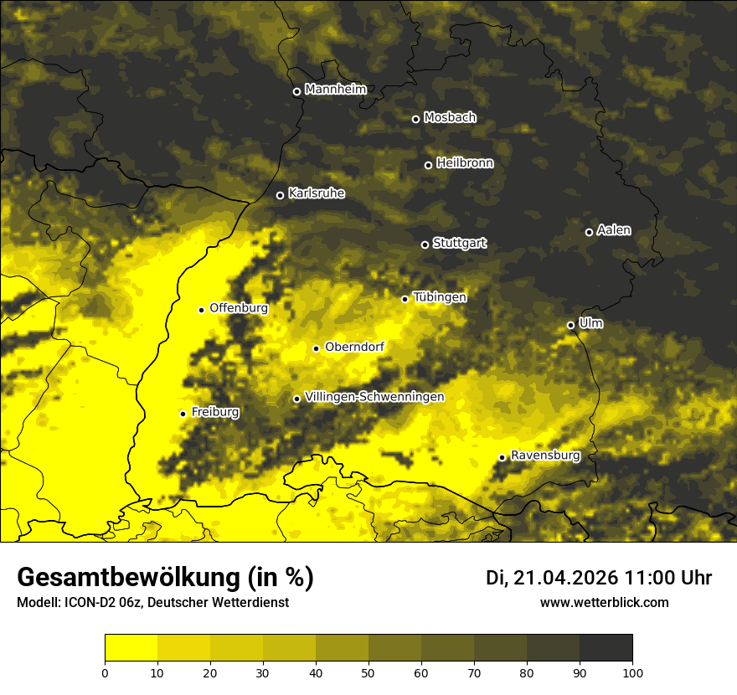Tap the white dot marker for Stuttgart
pyautogui.click(x=425, y=245)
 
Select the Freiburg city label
pyautogui.click(x=215, y=412)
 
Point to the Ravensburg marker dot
pyautogui.click(x=502, y=457)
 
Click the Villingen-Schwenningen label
pyautogui.click(x=375, y=397)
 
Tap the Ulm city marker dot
pyautogui.click(x=570, y=325)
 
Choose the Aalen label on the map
pyautogui.click(x=614, y=230)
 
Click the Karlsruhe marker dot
pyautogui.click(x=280, y=195)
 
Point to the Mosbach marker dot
pyautogui.click(x=415, y=119)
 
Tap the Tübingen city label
pyautogui.click(x=440, y=297)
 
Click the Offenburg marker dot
pyautogui.click(x=201, y=310)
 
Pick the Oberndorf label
pyautogui.click(x=355, y=347)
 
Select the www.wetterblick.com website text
pyautogui.click(x=605, y=603)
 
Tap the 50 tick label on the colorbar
pyautogui.click(x=368, y=672)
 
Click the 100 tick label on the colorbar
pyautogui.click(x=632, y=672)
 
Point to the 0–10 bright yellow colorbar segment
pyautogui.click(x=131, y=648)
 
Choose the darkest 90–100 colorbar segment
pyautogui.click(x=606, y=648)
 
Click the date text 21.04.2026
pyautogui.click(x=566, y=578)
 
